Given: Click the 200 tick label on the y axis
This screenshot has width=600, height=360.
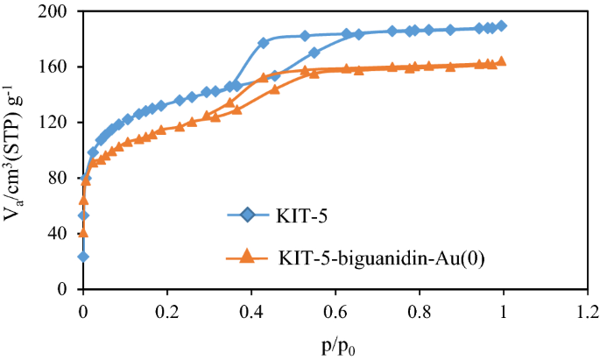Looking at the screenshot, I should tap(61, 12).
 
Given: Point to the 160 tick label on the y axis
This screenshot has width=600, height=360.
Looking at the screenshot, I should tap(61, 67).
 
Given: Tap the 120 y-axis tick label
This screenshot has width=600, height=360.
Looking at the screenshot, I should tap(61, 123).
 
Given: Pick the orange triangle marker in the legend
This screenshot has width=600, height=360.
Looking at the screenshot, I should tap(246, 256).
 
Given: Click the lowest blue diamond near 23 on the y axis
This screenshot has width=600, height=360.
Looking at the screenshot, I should tap(83, 257).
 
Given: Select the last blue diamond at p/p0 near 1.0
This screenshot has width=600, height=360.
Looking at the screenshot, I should tap(501, 26).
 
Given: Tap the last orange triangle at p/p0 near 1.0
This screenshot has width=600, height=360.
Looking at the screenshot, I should tap(501, 61).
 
